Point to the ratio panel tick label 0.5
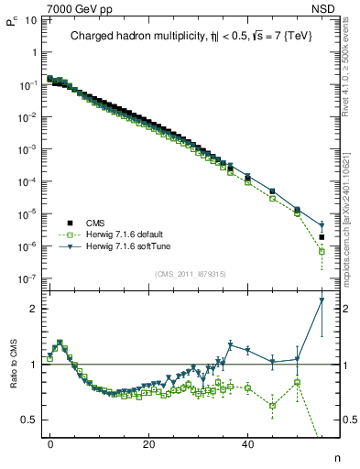tap(27, 420)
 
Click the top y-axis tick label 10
tap(28, 18)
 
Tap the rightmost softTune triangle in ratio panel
tap(322, 300)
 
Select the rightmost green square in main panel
tap(322, 251)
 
